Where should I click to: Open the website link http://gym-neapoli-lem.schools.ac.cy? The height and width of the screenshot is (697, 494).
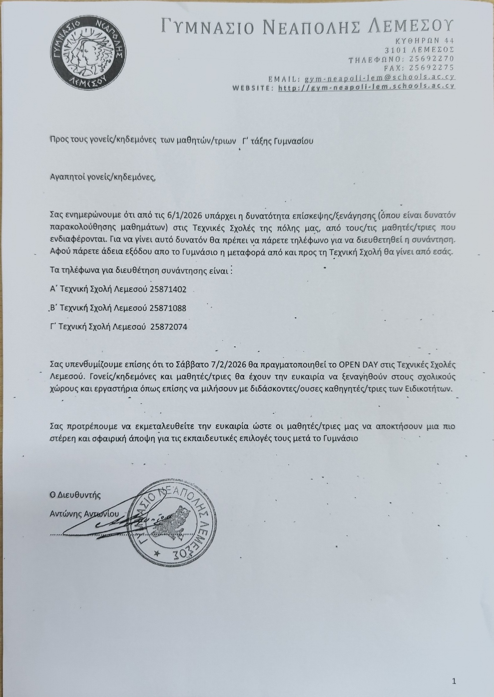tap(367, 87)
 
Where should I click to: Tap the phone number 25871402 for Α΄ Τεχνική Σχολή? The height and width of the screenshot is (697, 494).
tap(168, 290)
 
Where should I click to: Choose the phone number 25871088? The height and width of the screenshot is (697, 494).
tap(168, 308)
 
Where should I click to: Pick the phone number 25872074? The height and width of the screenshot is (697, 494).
tap(169, 327)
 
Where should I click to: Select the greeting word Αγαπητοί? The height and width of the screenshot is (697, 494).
tap(65, 177)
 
